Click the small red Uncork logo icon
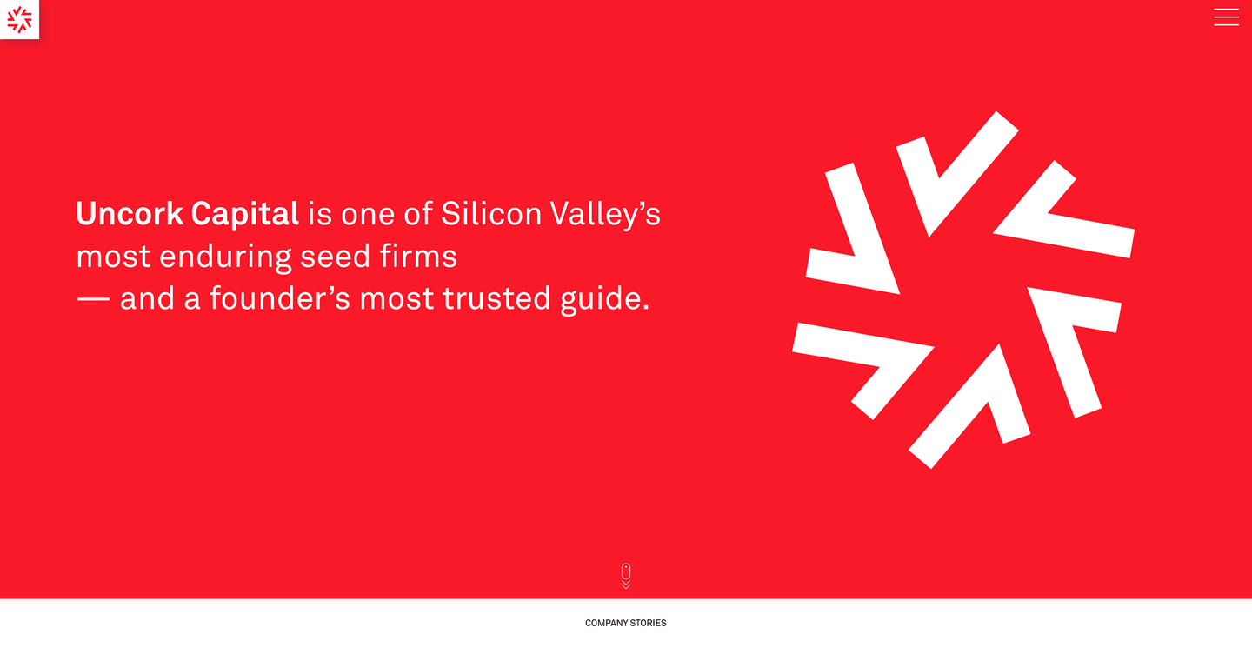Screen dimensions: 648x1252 click(x=19, y=19)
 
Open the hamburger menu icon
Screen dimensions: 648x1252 click(x=1226, y=17)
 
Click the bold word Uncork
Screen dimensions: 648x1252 click(x=130, y=214)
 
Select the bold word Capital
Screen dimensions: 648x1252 click(x=245, y=214)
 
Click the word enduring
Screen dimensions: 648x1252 click(x=225, y=257)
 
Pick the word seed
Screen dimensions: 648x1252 click(x=336, y=257)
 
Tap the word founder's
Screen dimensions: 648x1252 click(x=280, y=299)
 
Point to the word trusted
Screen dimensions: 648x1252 click(x=496, y=299)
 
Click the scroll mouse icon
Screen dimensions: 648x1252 click(x=626, y=571)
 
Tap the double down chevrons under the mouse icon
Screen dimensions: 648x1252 click(x=626, y=585)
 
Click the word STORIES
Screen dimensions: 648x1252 click(x=649, y=623)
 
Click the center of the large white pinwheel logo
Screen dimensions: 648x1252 click(x=963, y=290)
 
